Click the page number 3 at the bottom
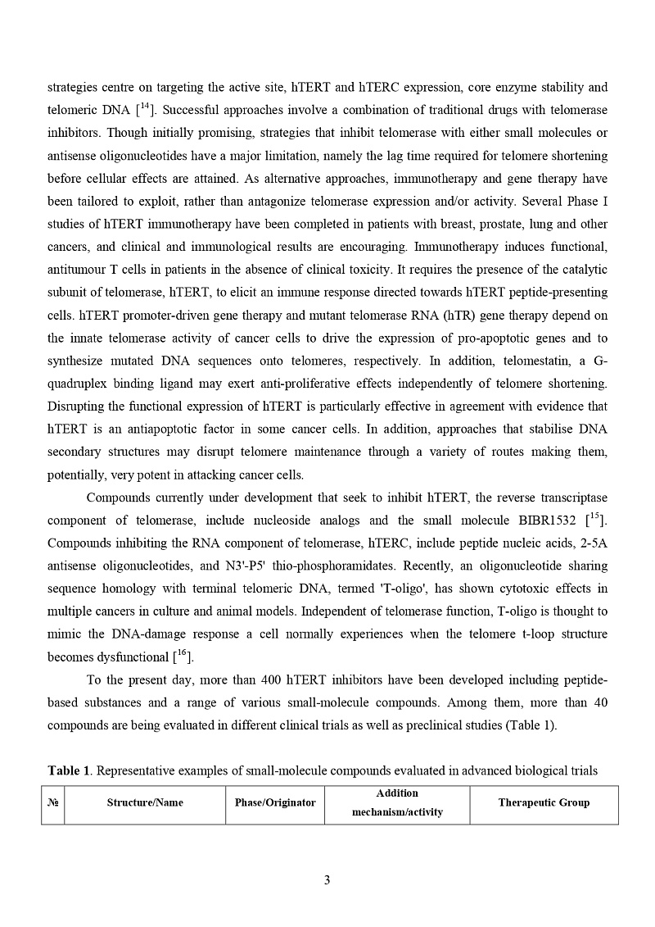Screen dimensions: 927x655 point(327,880)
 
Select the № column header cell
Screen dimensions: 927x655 point(53,803)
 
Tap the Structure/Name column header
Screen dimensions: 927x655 point(145,803)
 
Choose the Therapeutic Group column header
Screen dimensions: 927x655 point(544,803)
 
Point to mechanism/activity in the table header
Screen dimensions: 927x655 point(397,812)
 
